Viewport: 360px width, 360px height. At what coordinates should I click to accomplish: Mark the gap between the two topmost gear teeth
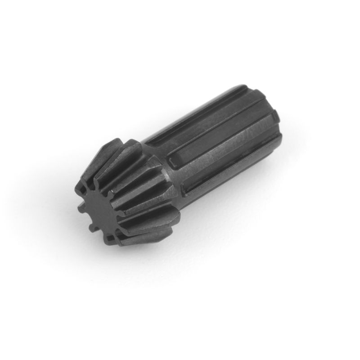click(118, 145)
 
